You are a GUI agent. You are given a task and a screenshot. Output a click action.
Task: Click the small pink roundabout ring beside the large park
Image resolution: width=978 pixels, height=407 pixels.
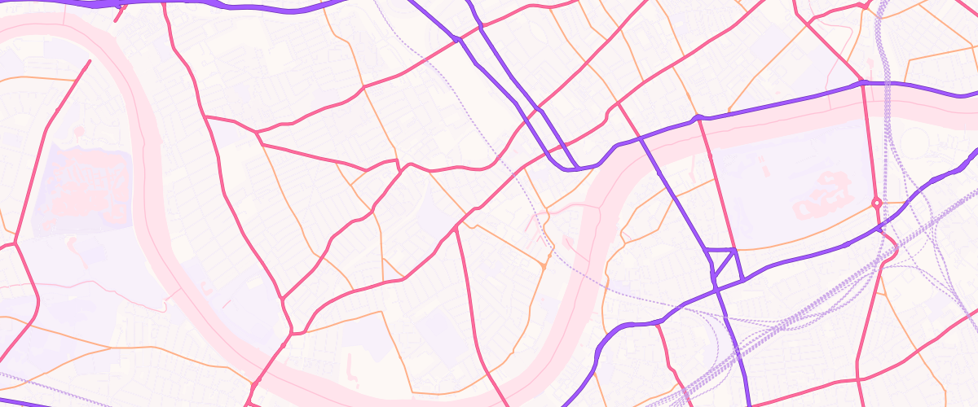[877, 202]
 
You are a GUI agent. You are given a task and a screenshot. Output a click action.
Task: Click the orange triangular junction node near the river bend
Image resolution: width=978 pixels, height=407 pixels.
[543, 265]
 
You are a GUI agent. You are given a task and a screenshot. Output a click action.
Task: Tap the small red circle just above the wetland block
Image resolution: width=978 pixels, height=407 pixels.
[80, 129]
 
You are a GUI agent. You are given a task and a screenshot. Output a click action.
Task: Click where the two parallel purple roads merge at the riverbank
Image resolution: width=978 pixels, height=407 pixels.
[575, 168]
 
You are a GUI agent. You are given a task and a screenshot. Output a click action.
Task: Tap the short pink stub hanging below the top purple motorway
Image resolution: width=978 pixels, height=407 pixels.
[120, 13]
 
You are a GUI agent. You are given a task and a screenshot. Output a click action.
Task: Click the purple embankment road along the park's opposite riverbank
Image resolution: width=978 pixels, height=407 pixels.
[782, 103]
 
